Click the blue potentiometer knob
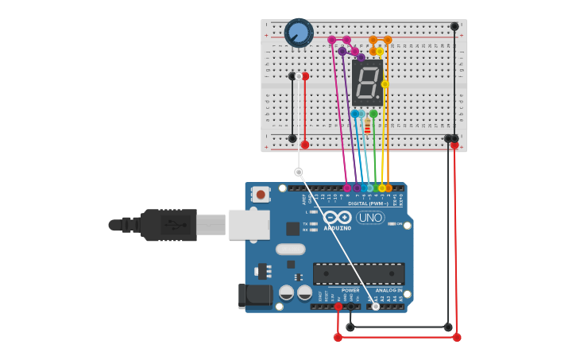[x=299, y=33]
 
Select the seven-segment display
[x=367, y=82]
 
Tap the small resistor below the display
[x=367, y=126]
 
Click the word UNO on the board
[x=370, y=218]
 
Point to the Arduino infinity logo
[x=338, y=217]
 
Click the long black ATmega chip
[x=358, y=273]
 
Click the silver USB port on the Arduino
[x=248, y=224]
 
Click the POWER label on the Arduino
[x=350, y=290]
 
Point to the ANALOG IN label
[x=389, y=290]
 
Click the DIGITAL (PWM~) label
[x=368, y=203]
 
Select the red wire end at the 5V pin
[x=338, y=306]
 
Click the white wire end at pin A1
[x=376, y=306]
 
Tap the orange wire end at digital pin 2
[x=389, y=188]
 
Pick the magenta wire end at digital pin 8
[x=346, y=188]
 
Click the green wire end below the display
[x=373, y=114]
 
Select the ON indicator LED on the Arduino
[x=391, y=224]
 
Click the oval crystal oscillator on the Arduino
[x=291, y=249]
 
